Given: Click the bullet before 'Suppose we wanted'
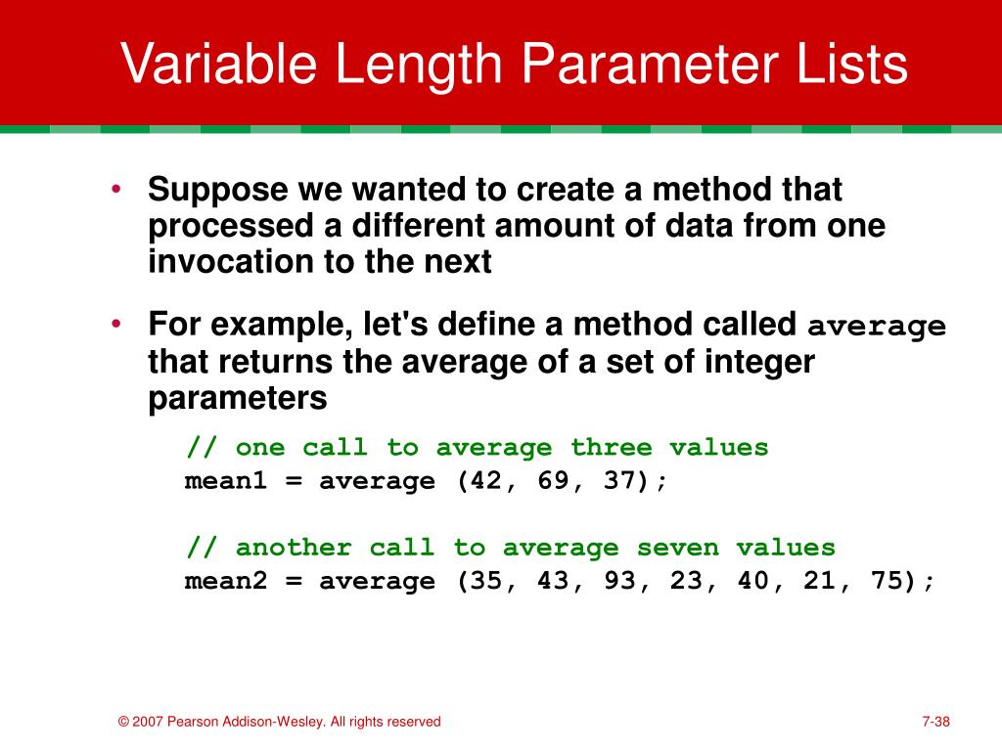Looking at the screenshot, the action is click(x=115, y=189).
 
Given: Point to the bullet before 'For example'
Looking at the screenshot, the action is click(x=115, y=324).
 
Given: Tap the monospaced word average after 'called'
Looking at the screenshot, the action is click(x=876, y=327).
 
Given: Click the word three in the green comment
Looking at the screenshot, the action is click(x=611, y=447).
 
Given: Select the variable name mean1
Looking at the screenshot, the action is click(x=225, y=480).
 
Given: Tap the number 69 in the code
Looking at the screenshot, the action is click(x=552, y=480).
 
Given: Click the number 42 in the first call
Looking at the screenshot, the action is click(x=485, y=480).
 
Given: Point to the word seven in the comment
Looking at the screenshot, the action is click(x=677, y=548).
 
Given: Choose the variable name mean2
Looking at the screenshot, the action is click(x=225, y=581).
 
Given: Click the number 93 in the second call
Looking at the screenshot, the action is click(x=618, y=581).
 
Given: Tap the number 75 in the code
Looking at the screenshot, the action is click(x=885, y=581).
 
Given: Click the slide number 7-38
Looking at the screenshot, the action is click(x=935, y=722).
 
